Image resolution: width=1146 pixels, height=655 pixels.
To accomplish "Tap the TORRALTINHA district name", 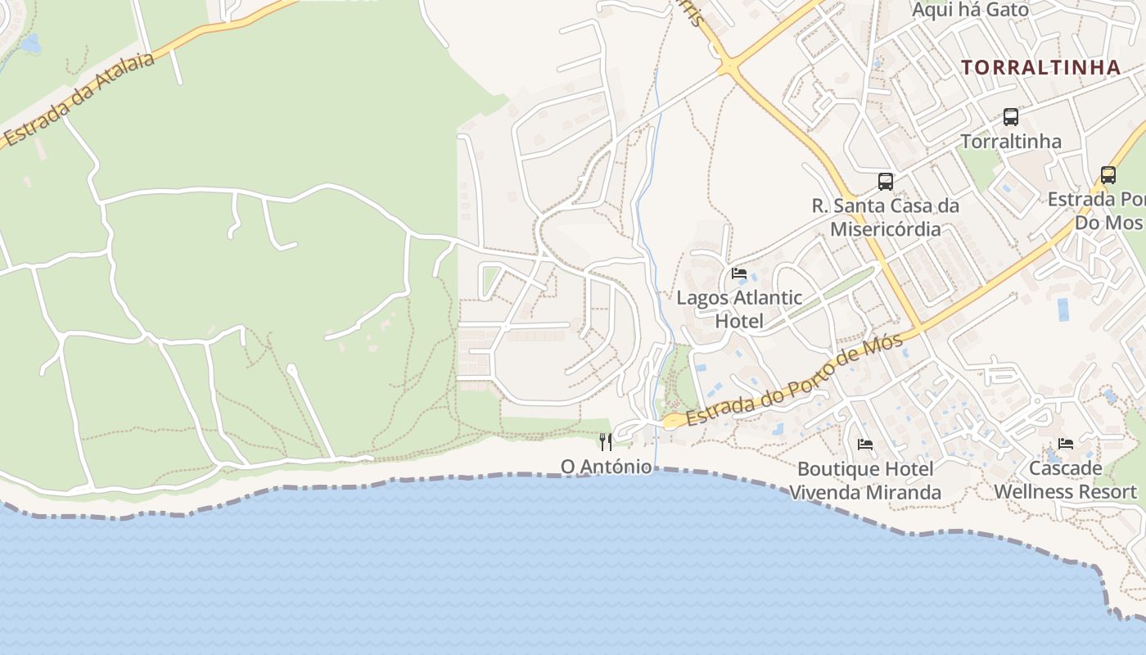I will (x=1040, y=67).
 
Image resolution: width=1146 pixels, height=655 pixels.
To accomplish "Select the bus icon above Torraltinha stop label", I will (x=1011, y=117).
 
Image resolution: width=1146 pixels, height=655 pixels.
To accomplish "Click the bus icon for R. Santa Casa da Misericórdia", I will (x=886, y=182).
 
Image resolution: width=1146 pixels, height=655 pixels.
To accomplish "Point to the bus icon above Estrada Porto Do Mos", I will (x=1108, y=175).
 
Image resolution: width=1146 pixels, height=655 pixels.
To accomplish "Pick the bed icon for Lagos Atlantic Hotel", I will (x=739, y=273).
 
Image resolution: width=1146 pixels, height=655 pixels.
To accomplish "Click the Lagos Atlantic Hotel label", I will (x=739, y=309).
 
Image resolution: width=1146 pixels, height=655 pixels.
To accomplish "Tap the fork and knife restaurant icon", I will (x=606, y=442).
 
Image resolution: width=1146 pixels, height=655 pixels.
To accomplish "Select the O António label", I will (x=606, y=467).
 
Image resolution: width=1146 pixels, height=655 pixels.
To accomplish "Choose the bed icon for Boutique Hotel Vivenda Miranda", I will (x=865, y=445).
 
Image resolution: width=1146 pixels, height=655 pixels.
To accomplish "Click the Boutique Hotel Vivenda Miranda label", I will (x=865, y=481).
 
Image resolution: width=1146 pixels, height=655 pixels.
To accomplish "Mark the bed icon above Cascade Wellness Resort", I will (x=1066, y=444).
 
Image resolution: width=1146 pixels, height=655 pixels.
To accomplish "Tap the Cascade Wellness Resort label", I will (x=1066, y=480).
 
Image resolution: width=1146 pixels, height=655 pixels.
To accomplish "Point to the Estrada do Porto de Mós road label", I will (x=795, y=381).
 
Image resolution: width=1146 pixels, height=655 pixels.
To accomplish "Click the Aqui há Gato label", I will (x=970, y=10).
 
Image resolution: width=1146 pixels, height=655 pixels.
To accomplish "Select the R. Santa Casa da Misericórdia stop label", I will (x=886, y=217).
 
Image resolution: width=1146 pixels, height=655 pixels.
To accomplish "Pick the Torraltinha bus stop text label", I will (x=1011, y=142).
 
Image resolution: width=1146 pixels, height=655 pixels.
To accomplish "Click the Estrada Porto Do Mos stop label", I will (x=1097, y=210).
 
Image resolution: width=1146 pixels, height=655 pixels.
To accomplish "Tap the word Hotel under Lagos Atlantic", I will (x=739, y=322).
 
